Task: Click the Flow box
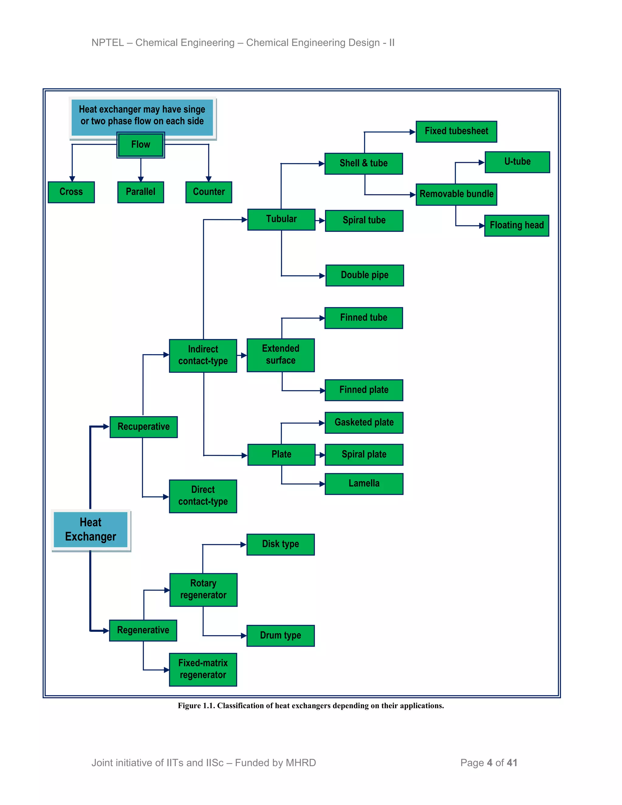point(140,145)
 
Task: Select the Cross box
point(71,192)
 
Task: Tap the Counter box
point(209,192)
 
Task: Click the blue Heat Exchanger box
point(91,530)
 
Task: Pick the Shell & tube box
point(363,163)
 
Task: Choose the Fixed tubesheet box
point(456,132)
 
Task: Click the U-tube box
point(517,162)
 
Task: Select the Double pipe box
point(364,275)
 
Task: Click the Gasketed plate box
point(364,423)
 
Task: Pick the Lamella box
point(364,484)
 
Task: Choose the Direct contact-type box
point(203,496)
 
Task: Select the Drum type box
point(280,635)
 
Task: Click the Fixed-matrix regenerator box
point(203,669)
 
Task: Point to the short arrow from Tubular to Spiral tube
point(320,221)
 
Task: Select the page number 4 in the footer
point(489,762)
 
